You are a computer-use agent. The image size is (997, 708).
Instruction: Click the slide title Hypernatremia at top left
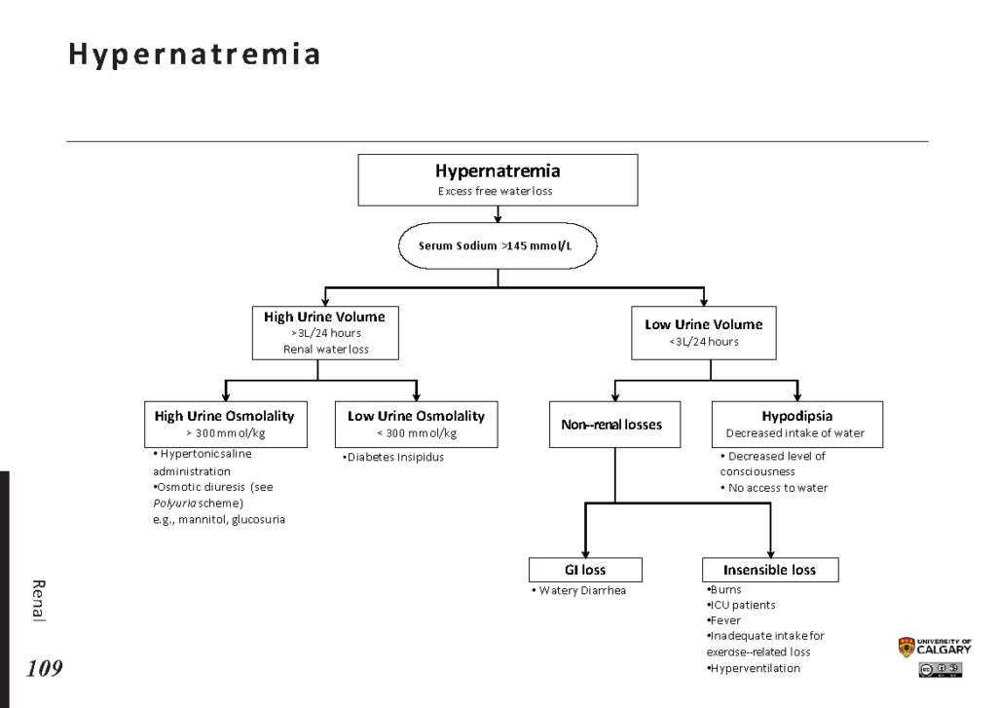tap(194, 56)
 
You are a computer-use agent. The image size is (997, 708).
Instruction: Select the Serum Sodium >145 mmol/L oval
tap(498, 245)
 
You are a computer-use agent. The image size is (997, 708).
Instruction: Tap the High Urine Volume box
tap(325, 333)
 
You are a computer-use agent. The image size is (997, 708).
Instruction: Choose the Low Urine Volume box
tap(704, 333)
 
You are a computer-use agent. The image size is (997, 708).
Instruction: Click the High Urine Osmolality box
tap(226, 425)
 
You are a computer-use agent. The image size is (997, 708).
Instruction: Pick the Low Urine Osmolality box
tap(417, 425)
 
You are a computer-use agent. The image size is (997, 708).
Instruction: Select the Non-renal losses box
tap(615, 425)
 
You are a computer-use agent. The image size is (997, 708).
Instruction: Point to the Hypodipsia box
tap(797, 425)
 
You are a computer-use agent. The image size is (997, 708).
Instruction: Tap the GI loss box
tap(585, 570)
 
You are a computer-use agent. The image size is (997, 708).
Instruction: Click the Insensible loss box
tap(770, 570)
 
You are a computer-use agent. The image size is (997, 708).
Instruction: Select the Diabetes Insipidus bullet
tap(393, 458)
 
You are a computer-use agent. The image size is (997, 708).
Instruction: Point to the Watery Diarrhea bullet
tap(578, 591)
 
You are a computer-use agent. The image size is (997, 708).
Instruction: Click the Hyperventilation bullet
tap(754, 669)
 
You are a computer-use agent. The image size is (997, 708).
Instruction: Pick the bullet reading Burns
tap(723, 590)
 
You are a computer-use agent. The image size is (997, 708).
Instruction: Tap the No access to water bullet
tap(774, 488)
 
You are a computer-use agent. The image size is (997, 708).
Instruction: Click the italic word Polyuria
tap(174, 503)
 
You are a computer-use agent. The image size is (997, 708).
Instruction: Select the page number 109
tap(45, 669)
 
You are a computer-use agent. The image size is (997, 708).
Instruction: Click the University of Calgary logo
tap(935, 647)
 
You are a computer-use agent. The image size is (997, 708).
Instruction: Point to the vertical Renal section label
tap(39, 601)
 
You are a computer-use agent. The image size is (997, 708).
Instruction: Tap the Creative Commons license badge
tap(941, 669)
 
